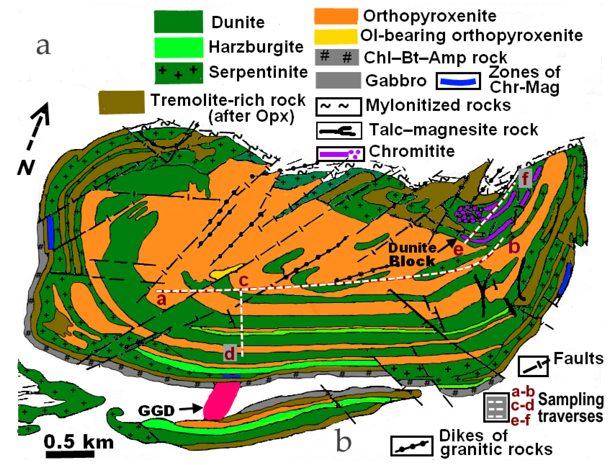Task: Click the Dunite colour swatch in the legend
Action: [x=178, y=22]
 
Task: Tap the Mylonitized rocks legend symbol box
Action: [x=338, y=106]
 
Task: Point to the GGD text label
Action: [x=156, y=411]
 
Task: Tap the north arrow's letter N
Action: [x=26, y=167]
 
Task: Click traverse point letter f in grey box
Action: [x=525, y=178]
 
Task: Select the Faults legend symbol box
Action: [x=533, y=366]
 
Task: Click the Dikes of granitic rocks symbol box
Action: [x=412, y=446]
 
